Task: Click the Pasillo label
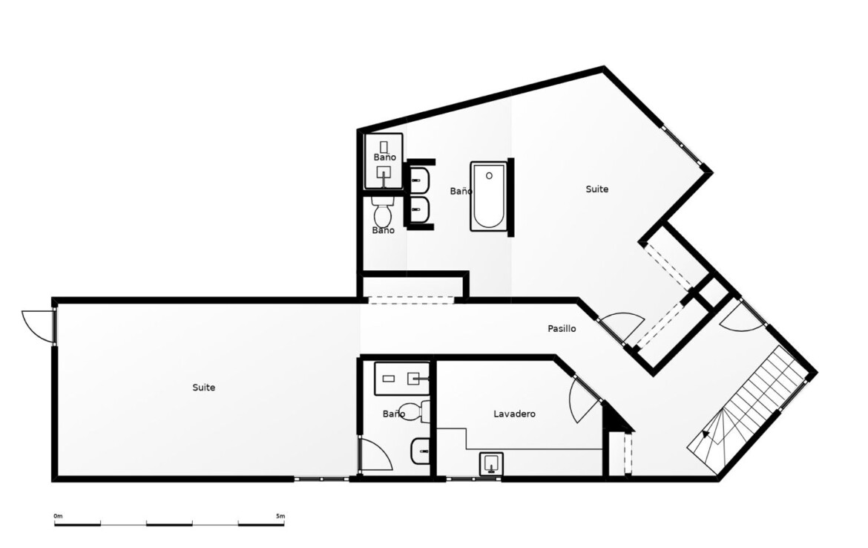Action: (562, 329)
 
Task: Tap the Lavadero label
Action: (514, 414)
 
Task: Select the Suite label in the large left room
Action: (204, 388)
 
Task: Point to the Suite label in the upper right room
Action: (596, 189)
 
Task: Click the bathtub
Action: (488, 196)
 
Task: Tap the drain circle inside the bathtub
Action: (489, 176)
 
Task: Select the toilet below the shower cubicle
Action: (383, 211)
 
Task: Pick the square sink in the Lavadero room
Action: (491, 463)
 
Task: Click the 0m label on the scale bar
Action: (58, 516)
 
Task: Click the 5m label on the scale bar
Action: (280, 516)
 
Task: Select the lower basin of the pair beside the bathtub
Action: (420, 209)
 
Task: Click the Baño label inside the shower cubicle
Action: (384, 157)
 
